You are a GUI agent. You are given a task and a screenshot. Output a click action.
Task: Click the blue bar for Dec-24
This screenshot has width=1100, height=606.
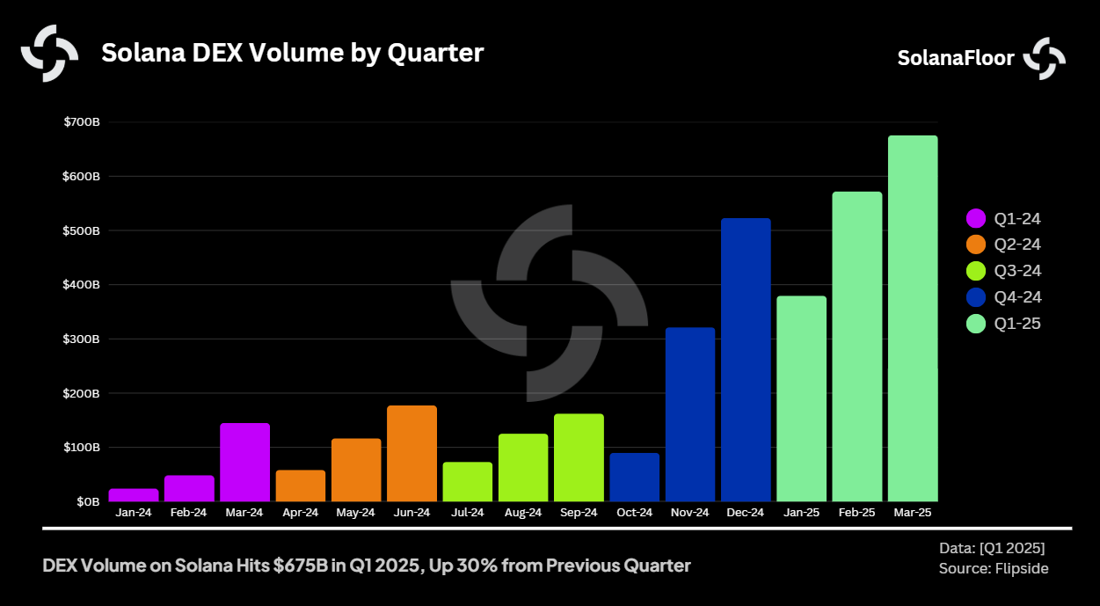click(746, 360)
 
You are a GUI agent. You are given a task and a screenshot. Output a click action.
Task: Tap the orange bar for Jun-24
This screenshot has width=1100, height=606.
click(412, 454)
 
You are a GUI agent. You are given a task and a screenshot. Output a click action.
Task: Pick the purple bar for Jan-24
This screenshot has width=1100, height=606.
click(134, 495)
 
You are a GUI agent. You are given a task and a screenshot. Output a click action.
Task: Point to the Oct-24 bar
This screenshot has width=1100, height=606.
click(634, 478)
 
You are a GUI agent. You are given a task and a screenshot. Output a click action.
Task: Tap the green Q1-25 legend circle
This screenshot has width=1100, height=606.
click(976, 324)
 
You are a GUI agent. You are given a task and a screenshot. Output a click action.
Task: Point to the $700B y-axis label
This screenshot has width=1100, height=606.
click(82, 122)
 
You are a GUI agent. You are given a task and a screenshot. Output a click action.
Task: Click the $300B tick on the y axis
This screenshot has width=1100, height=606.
click(82, 339)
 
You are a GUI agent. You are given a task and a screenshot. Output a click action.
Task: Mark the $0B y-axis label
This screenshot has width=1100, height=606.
click(88, 501)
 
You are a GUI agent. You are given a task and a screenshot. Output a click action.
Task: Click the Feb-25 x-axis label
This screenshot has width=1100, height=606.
click(856, 513)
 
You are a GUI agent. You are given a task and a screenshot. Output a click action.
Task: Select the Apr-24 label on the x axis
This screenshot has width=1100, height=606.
click(300, 513)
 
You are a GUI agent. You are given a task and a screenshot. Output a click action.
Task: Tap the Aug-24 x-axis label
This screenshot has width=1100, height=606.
click(522, 513)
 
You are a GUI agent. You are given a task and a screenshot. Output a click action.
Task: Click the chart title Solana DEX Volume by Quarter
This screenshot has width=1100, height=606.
click(292, 53)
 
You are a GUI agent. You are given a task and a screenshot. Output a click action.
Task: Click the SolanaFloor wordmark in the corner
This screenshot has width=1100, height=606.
click(955, 58)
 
